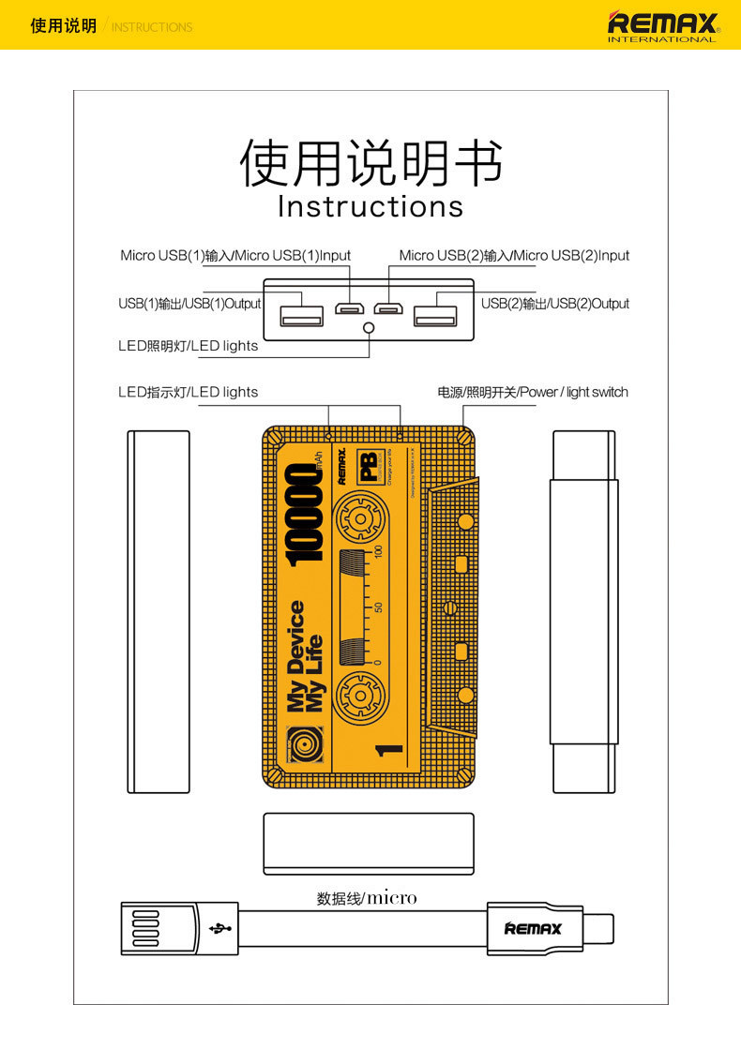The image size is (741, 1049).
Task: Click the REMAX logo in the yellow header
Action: pos(663,25)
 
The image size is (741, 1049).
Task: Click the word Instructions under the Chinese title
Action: pos(370,206)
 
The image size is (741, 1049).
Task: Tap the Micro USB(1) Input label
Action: pos(235,256)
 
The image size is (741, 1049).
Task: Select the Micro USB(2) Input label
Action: pos(514,256)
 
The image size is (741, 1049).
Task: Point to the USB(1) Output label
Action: pos(189,304)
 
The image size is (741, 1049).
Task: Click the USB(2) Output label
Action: pos(555,304)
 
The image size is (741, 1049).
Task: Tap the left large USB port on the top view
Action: pos(300,310)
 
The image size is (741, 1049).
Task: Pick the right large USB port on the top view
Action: pos(436,310)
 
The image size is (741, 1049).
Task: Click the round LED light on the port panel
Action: pos(369,328)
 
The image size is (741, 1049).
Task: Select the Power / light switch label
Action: pos(533,392)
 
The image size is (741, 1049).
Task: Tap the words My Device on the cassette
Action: pos(295,656)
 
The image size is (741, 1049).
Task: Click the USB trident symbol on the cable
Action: pos(222,928)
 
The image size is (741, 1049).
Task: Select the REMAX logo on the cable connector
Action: pos(533,928)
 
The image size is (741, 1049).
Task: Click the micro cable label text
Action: pos(367,898)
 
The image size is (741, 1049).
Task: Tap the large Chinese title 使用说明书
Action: pos(370,162)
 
